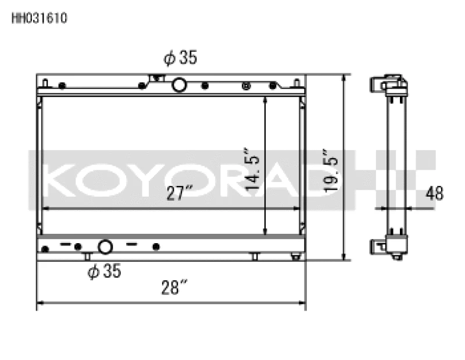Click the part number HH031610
pyautogui.click(x=40, y=18)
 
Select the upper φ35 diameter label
pyautogui.click(x=180, y=58)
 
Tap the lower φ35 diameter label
pyautogui.click(x=104, y=271)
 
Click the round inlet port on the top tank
pyautogui.click(x=180, y=85)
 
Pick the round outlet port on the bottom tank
pyautogui.click(x=105, y=247)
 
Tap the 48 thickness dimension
pyautogui.click(x=434, y=194)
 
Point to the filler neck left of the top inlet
pyautogui.click(x=155, y=79)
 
